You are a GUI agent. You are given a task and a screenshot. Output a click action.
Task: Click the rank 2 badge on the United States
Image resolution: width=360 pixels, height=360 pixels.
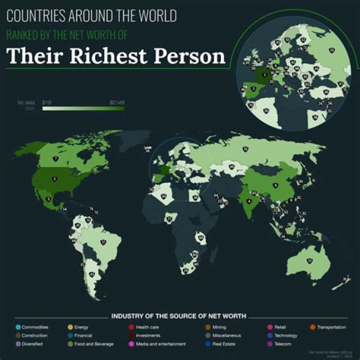coord(54,178)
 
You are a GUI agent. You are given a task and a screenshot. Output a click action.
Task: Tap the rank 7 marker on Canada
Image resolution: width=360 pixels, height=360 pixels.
coord(55,159)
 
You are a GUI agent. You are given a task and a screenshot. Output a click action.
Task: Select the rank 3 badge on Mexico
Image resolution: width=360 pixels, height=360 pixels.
coord(48,199)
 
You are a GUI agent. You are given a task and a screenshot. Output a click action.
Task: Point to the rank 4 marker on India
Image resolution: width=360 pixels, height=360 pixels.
coord(248,201)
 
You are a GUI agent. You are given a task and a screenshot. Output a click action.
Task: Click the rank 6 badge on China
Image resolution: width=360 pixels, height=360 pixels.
coord(275,185)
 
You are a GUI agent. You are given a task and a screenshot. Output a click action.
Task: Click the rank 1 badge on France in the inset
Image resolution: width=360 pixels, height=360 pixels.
coord(264,75)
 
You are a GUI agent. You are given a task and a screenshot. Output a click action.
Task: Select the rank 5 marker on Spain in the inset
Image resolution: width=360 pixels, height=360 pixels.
coord(253,89)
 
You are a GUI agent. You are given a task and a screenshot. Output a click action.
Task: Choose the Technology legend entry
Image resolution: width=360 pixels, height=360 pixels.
coord(285,335)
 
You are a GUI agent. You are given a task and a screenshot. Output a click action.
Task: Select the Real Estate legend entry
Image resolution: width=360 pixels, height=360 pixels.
coord(223,344)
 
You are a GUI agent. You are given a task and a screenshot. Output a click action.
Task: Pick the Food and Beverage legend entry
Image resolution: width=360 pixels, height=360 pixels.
coord(93,344)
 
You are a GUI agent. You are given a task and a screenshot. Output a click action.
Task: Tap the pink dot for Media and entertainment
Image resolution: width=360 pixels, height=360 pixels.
coord(131,344)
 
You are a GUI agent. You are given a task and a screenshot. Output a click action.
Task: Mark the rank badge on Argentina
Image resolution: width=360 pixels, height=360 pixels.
coord(91,274)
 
